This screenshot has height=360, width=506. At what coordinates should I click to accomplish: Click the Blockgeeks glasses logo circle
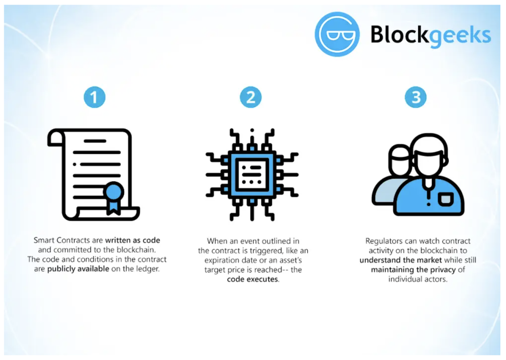337,35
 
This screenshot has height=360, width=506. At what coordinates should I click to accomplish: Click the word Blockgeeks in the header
430,35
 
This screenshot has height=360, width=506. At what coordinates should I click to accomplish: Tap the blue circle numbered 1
95,97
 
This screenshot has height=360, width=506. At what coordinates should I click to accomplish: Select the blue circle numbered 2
251,97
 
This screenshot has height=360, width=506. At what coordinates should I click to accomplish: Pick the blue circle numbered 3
416,97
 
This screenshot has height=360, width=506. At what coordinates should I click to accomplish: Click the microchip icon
252,174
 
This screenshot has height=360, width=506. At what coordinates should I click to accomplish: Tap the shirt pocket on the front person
445,199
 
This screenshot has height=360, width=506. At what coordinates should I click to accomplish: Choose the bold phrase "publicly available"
78,269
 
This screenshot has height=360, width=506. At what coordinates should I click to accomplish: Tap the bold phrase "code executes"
253,279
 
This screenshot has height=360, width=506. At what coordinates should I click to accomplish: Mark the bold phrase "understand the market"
401,260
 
